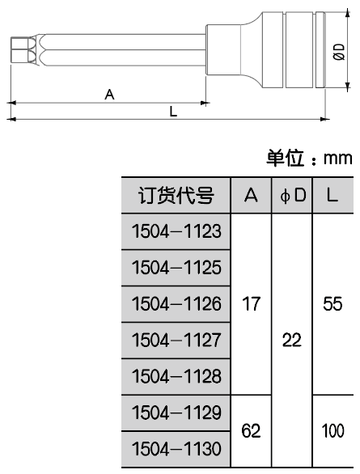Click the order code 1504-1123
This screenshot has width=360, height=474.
point(176,231)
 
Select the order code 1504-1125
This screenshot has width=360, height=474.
point(176,268)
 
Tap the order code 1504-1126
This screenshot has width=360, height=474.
point(176,304)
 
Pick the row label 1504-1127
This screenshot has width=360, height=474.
point(176,340)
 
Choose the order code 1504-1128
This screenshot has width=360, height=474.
point(176,376)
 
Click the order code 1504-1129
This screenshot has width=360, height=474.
point(176,413)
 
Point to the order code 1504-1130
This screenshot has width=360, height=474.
point(176,449)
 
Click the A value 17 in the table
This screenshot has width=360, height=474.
point(251,304)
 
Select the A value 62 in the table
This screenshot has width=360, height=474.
point(251,431)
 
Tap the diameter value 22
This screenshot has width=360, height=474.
point(292,340)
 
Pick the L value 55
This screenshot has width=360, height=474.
point(332,304)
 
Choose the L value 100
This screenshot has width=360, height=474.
point(332,431)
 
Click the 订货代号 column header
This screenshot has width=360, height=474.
point(176,196)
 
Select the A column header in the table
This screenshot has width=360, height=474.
point(251,195)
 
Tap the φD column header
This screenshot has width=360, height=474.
point(293,196)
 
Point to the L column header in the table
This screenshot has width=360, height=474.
point(332,195)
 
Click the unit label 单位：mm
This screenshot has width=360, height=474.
point(309,158)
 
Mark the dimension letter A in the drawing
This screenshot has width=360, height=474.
point(109,95)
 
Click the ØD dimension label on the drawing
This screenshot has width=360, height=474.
point(340,52)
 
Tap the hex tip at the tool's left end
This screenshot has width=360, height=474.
point(20,50)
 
